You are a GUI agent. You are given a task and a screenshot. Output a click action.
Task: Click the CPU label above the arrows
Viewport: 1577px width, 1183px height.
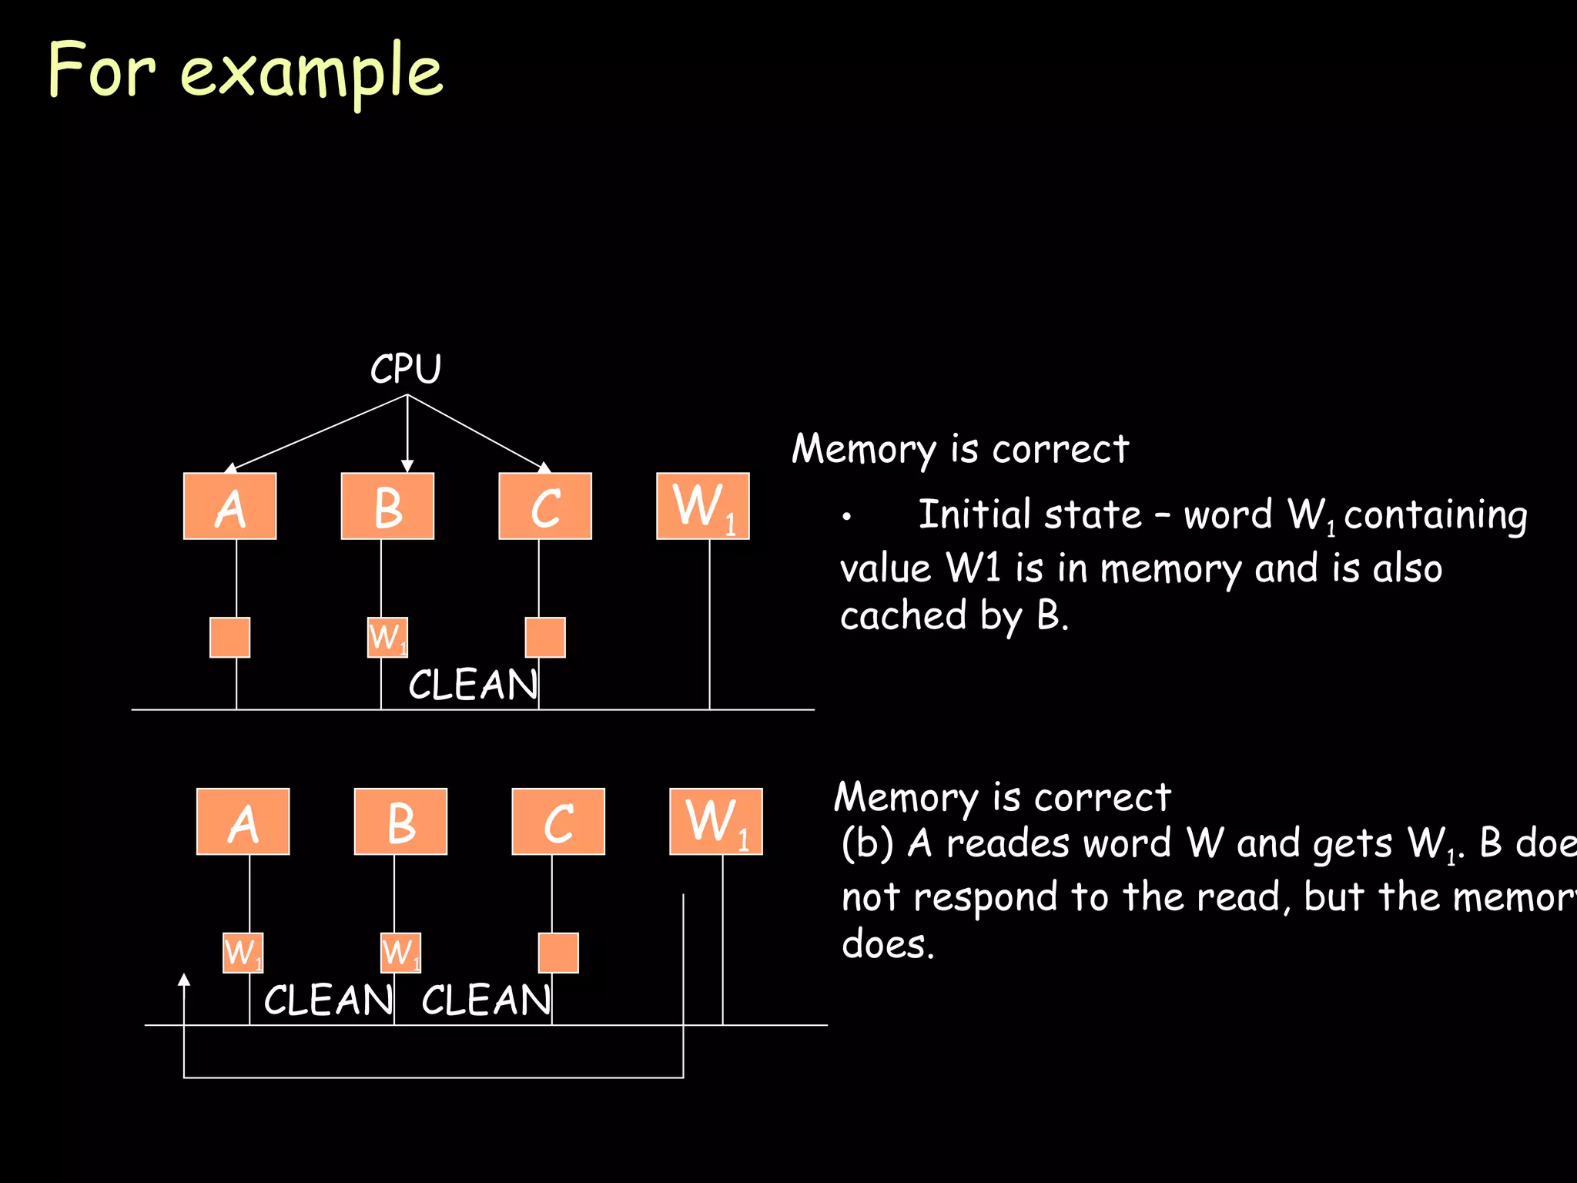click(406, 369)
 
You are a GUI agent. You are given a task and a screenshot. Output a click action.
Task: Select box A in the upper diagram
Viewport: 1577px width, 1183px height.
click(229, 506)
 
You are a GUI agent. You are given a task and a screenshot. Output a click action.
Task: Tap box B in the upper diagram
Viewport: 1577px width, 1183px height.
click(387, 506)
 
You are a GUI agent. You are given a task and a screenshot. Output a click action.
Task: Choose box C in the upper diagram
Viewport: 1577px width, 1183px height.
click(545, 506)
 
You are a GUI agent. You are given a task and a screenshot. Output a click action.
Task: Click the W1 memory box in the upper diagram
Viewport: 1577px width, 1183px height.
click(702, 506)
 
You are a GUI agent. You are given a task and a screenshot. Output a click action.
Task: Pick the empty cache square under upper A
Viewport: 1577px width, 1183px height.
click(229, 637)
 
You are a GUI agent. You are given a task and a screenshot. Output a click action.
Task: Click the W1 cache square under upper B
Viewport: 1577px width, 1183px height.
click(387, 637)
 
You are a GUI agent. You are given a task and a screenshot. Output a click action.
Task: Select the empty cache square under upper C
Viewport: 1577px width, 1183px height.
click(545, 637)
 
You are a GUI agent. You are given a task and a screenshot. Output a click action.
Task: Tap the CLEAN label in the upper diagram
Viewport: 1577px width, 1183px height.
click(472, 685)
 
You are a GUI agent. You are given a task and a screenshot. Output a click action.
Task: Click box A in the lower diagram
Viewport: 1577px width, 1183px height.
click(243, 821)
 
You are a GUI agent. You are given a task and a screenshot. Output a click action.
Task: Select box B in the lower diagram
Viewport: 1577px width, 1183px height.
click(400, 821)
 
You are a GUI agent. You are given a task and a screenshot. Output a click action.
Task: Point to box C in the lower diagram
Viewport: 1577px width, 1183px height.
click(558, 821)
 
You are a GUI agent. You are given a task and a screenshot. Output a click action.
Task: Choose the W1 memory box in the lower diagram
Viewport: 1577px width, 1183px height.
click(715, 821)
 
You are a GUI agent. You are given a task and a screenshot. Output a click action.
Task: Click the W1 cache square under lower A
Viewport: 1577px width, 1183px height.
click(243, 953)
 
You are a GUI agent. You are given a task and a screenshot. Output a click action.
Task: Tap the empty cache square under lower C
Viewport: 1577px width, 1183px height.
click(558, 953)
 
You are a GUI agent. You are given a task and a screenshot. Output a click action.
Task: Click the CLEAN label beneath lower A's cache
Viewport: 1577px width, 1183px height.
click(328, 1000)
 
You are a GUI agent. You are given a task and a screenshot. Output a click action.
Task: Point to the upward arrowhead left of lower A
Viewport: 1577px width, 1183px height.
click(184, 980)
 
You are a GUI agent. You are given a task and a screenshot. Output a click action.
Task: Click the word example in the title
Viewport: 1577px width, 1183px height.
click(312, 72)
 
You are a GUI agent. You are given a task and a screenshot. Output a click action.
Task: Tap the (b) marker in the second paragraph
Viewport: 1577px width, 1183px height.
click(866, 843)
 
